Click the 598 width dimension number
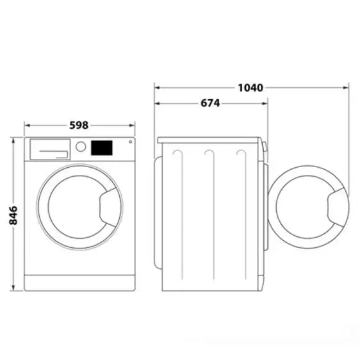[79, 125]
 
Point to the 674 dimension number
[210, 102]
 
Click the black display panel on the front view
[101, 148]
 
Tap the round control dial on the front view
[81, 147]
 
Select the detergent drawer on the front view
[50, 149]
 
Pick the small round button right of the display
[130, 143]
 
